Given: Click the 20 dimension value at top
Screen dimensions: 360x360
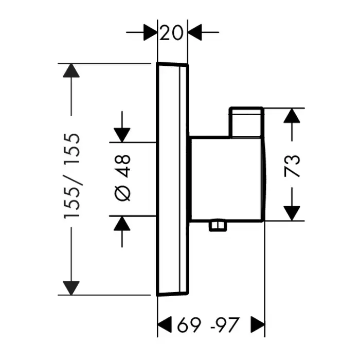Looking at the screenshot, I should coord(172,33).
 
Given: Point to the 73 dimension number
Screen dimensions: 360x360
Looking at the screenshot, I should coord(292,165).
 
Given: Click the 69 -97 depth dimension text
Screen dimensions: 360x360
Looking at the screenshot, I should coord(208,325).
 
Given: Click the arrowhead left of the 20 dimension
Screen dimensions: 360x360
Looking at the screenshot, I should coord(150,33).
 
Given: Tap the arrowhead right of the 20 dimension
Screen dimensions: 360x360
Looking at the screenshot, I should coord(195,33).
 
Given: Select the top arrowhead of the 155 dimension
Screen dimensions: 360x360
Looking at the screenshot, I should coord(71,70).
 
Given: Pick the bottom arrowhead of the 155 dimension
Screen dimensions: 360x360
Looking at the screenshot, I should coord(71,288).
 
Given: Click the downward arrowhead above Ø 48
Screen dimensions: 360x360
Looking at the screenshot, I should coord(122,135).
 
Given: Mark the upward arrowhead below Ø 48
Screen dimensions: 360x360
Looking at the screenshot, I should coord(122,223).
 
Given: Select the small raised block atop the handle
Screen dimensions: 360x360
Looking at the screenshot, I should coord(246,122).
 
